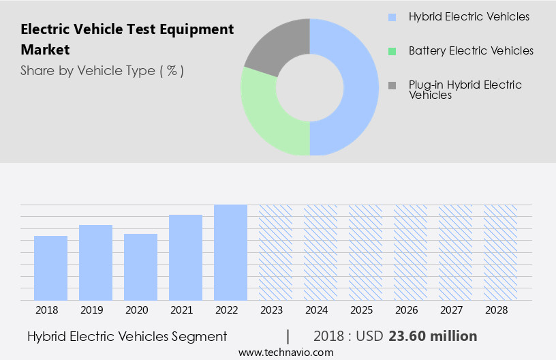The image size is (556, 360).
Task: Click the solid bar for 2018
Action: [x=50, y=268]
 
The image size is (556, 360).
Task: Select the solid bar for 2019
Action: [x=95, y=262]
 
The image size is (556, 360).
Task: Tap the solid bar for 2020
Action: [x=140, y=267]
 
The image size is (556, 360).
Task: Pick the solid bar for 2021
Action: [x=185, y=257]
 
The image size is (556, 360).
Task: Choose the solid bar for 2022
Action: [x=230, y=252]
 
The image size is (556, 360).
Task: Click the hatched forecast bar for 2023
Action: [x=275, y=252]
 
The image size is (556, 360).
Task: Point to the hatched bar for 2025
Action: [x=365, y=252]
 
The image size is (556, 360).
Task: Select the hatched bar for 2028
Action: [x=500, y=252]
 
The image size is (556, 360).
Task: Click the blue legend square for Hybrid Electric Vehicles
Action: [x=392, y=16]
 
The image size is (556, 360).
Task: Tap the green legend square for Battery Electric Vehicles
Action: [x=392, y=51]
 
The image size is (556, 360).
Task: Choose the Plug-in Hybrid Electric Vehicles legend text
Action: [x=465, y=90]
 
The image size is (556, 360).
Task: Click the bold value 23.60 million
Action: [x=433, y=336]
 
